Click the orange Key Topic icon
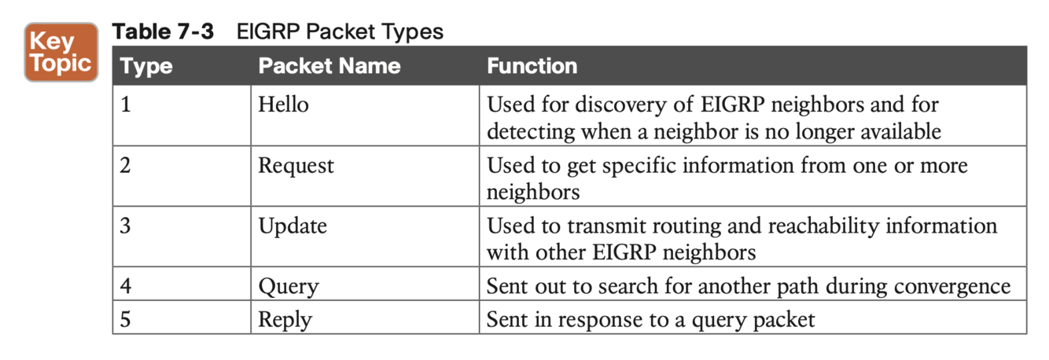click(61, 52)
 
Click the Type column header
click(147, 66)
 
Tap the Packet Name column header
click(329, 66)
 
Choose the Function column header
click(532, 66)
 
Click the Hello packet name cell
click(283, 105)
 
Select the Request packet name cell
click(296, 166)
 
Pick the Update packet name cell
click(293, 226)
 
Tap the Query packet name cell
click(288, 286)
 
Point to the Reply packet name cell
click(285, 320)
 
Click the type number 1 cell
click(126, 105)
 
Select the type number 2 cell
click(126, 166)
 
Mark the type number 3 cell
click(126, 226)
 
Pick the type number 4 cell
click(126, 286)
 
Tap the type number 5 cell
click(126, 320)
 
